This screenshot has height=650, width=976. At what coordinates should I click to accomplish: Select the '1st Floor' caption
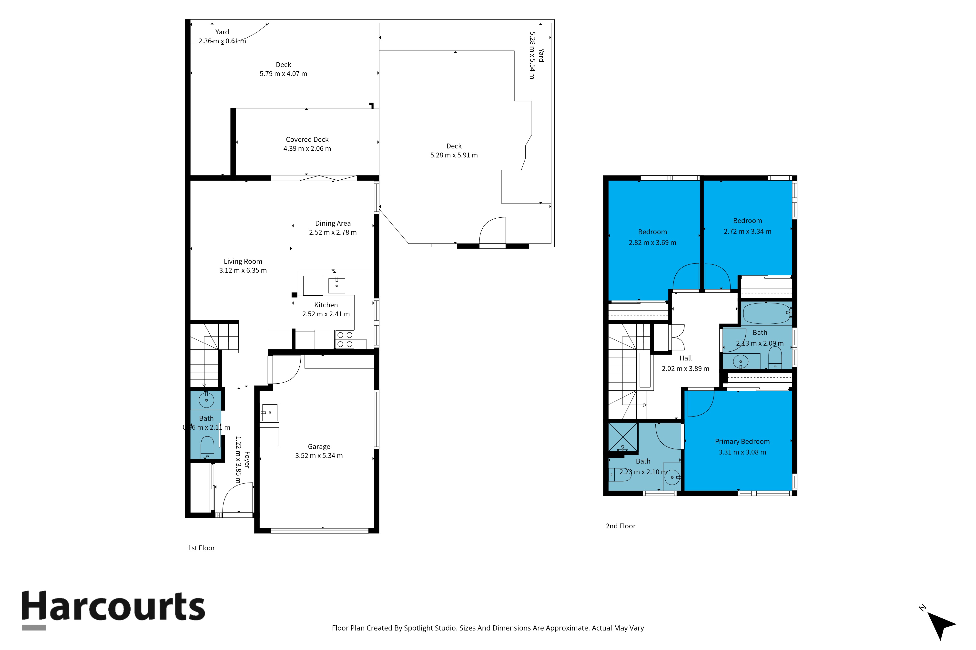click(201, 548)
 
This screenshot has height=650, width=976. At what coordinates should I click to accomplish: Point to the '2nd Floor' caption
click(620, 526)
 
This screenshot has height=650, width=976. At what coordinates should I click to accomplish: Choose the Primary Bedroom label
click(742, 441)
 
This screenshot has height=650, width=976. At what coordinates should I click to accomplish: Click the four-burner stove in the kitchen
click(345, 340)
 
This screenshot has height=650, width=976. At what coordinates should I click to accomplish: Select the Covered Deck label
click(307, 140)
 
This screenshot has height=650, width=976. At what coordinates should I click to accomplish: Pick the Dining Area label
click(333, 223)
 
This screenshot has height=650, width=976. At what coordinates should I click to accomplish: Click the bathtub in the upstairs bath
click(766, 313)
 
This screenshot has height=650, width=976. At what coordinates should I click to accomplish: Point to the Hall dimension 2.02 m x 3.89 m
click(686, 369)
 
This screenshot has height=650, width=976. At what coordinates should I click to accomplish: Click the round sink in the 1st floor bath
click(206, 400)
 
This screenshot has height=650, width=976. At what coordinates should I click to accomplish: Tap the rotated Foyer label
click(247, 460)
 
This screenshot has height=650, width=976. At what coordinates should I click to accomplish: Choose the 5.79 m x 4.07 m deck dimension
click(284, 74)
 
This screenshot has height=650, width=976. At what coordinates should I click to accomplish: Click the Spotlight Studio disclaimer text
click(488, 628)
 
